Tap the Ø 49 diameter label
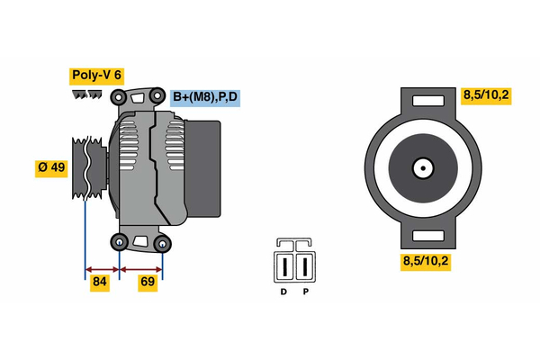pos(52,168)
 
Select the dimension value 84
pos(100,283)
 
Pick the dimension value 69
pos(148,283)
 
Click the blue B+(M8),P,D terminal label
pos(206,97)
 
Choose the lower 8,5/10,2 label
pos(426,262)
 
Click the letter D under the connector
pos(283,292)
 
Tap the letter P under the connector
pos(305,292)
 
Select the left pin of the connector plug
pos(284,266)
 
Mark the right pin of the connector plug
pos(305,266)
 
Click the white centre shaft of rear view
pos(421,167)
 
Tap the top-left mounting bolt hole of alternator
pos(118,97)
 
